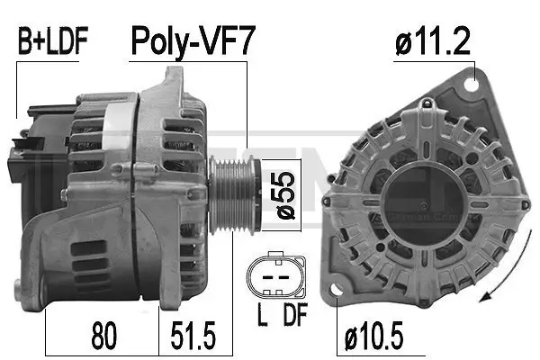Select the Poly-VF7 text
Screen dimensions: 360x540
(x=190, y=40)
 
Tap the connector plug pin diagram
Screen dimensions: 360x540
(x=274, y=276)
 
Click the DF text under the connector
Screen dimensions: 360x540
(x=294, y=317)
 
